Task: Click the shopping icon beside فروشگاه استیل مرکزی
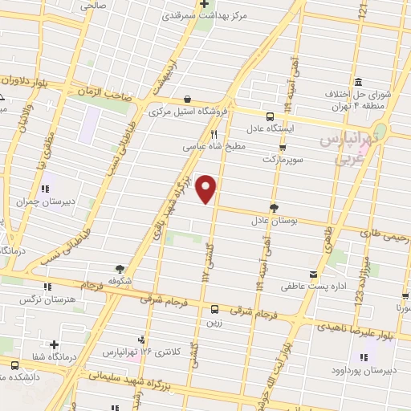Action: [186, 100]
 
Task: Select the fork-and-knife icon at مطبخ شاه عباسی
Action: [214, 135]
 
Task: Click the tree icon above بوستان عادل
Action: [274, 207]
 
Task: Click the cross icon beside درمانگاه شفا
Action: [54, 344]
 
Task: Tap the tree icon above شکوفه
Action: [120, 269]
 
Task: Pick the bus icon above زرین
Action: [214, 309]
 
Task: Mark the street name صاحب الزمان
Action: [104, 93]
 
